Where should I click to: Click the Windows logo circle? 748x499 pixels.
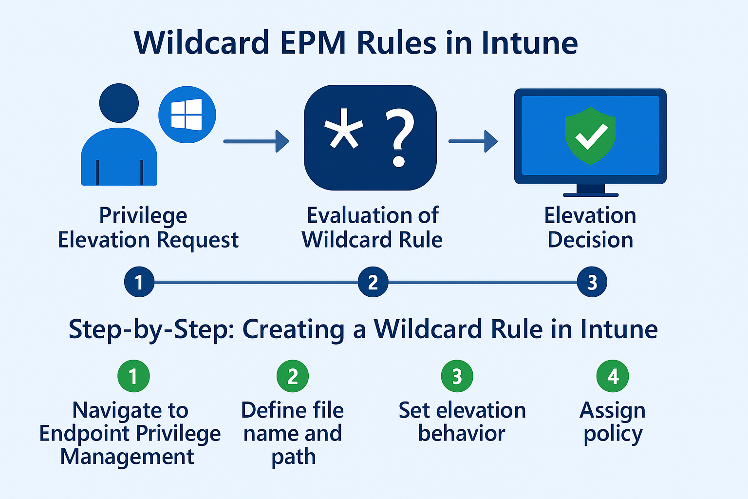(187, 115)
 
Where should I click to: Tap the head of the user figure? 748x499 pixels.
(119, 103)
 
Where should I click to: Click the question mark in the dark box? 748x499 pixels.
(399, 138)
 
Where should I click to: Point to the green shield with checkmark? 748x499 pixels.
(590, 135)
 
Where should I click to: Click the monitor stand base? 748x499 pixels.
(590, 194)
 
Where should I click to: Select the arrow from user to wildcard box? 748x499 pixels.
(256, 141)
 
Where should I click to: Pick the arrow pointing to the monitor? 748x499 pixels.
(473, 141)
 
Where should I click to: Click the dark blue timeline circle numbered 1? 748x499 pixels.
(139, 282)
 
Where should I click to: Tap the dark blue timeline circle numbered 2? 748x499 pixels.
(373, 282)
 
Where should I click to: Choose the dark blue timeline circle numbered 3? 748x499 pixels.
(592, 282)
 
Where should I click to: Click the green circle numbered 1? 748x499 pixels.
(133, 376)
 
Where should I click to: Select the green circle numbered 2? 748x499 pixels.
(293, 376)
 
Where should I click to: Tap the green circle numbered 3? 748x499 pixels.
(457, 376)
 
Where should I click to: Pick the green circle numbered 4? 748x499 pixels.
(613, 376)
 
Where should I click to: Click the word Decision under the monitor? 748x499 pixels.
(590, 240)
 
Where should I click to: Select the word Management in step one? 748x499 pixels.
(127, 457)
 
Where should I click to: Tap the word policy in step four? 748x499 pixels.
(613, 434)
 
